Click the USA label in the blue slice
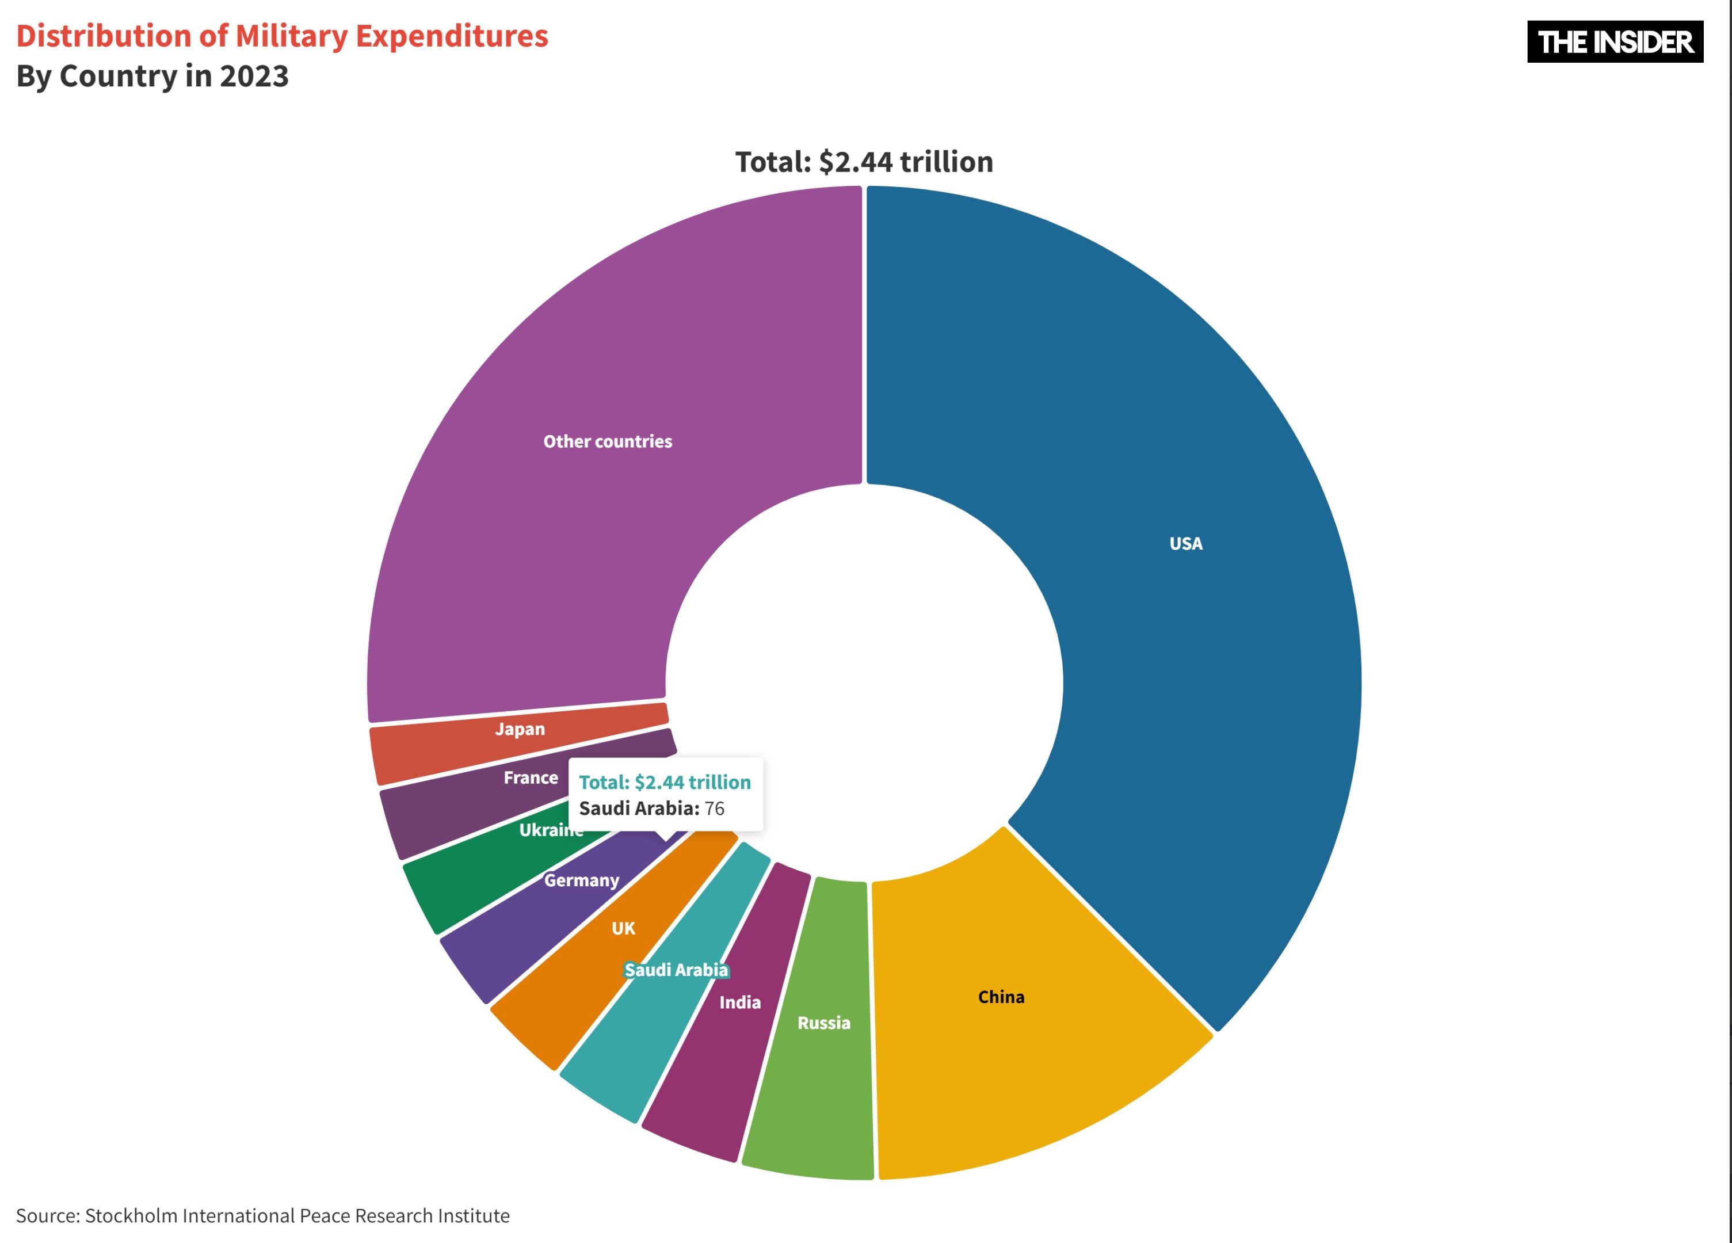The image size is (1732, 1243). coord(1185,544)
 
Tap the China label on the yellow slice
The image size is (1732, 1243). coord(1001,997)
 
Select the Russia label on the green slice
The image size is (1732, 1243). coord(823,1023)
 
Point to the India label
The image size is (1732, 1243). coord(739,1002)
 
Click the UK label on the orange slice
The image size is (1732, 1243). coord(623,928)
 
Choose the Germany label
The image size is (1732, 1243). coord(581,880)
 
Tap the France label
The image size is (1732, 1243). coord(531,778)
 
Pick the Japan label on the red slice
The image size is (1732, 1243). coord(520,729)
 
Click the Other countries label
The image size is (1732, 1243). coord(607,441)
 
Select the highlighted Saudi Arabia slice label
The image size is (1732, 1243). coord(676,970)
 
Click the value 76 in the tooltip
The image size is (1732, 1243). coord(714,809)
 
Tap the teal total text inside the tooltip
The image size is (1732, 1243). coord(665,783)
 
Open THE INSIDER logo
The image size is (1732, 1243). coord(1615,42)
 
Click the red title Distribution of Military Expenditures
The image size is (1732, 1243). coord(282,36)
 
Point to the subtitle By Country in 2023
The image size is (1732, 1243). coord(152,77)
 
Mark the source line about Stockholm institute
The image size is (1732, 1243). coord(263,1215)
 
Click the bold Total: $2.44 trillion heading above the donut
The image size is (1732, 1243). coord(864,162)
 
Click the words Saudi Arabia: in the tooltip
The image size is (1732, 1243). coord(639,809)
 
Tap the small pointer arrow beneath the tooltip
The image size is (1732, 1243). coord(665,836)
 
